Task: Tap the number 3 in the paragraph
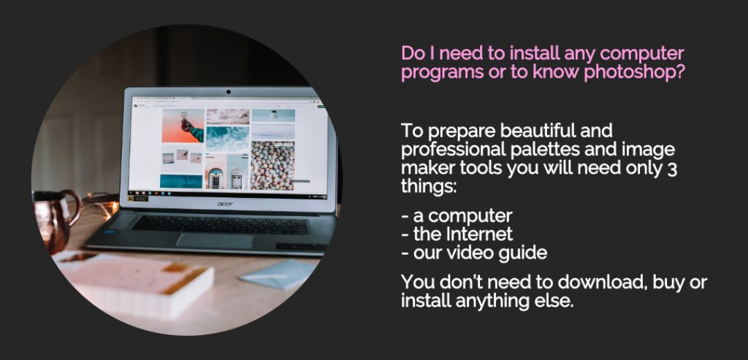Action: tap(672, 169)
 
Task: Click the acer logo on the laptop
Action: tap(225, 204)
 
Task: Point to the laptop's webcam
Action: tap(229, 91)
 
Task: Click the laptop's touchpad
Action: tap(214, 240)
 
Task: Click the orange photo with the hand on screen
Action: tap(183, 126)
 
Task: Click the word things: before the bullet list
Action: tap(429, 188)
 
